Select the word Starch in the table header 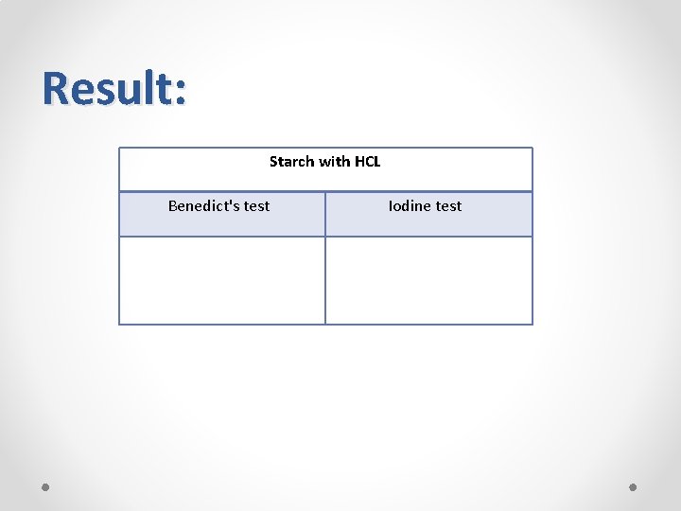tap(290, 162)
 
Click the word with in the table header tap(333, 162)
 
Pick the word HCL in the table tap(368, 162)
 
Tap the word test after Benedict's tap(256, 206)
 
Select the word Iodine tap(410, 205)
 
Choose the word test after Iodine tap(448, 206)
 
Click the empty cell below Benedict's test tap(222, 280)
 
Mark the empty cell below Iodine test tap(428, 280)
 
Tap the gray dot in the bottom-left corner tap(45, 486)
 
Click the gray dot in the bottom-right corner tap(634, 486)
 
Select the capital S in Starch tap(273, 162)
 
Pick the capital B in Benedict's tap(173, 205)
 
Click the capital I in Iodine tap(391, 205)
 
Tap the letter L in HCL tap(376, 162)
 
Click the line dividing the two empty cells tap(325, 280)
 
